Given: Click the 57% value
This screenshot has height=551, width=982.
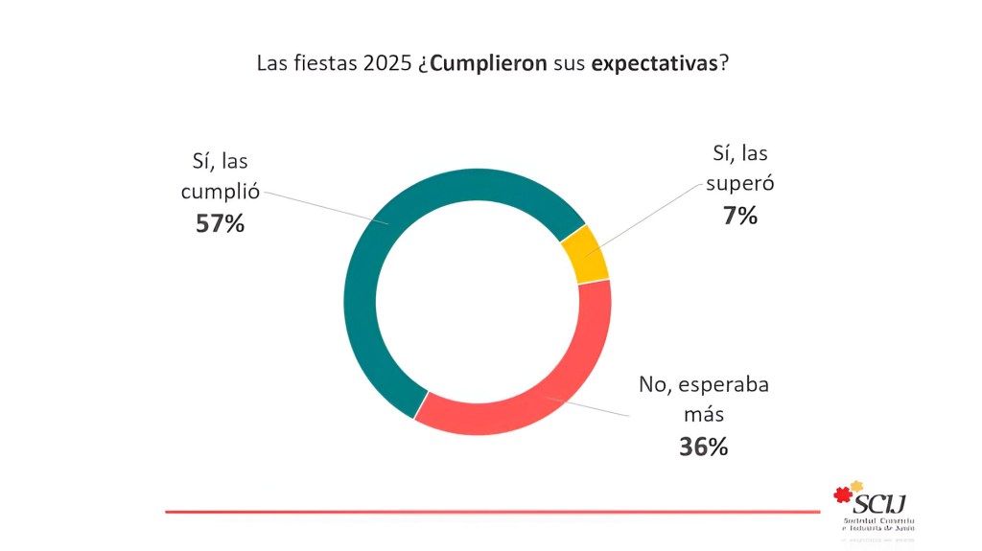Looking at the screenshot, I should coord(220,224).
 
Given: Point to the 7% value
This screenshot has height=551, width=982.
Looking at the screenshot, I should coord(740,216).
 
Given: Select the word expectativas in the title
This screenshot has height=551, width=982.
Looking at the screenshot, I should coord(654,64).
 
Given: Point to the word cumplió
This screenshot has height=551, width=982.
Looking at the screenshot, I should coord(221,192).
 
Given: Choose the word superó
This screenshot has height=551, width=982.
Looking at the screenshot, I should coord(739,183).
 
